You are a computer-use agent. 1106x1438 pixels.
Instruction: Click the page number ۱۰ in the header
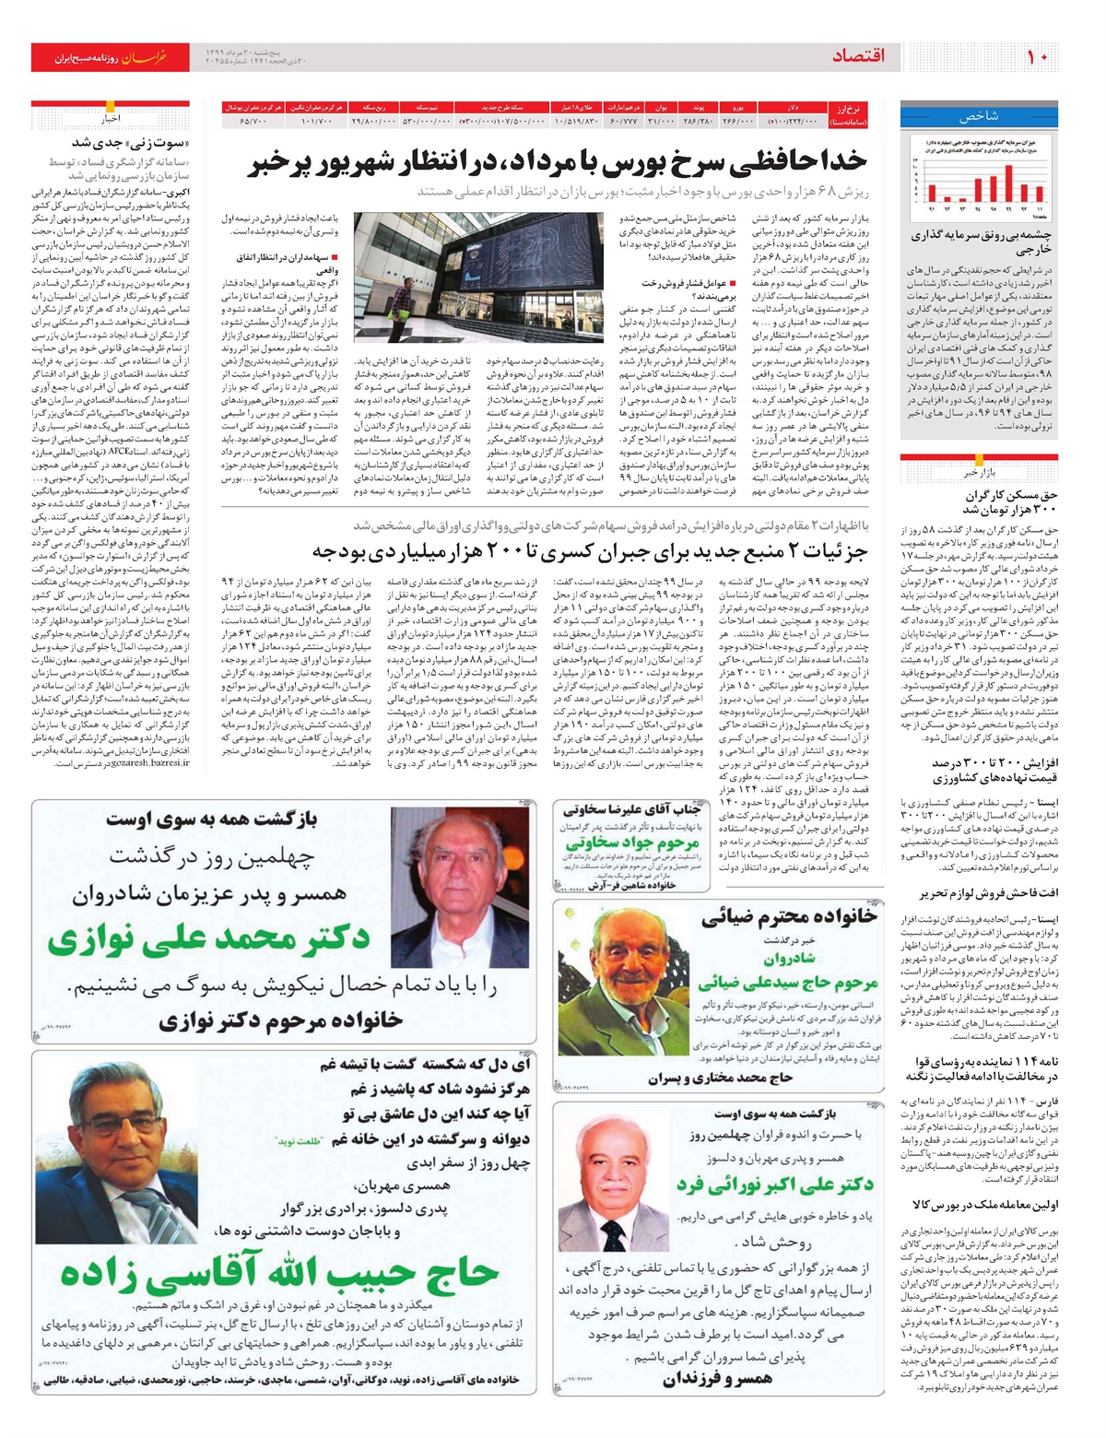(x=1038, y=56)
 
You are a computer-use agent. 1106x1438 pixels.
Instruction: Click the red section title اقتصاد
(x=858, y=56)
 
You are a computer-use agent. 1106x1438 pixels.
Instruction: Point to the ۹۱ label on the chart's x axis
(x=931, y=209)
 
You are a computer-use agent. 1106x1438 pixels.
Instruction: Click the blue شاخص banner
(x=979, y=117)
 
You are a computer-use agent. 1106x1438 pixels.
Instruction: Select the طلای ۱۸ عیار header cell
(x=577, y=108)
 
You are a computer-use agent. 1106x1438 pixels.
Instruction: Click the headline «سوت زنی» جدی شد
(x=130, y=143)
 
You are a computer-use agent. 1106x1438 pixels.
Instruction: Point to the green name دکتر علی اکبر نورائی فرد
(x=774, y=1185)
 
